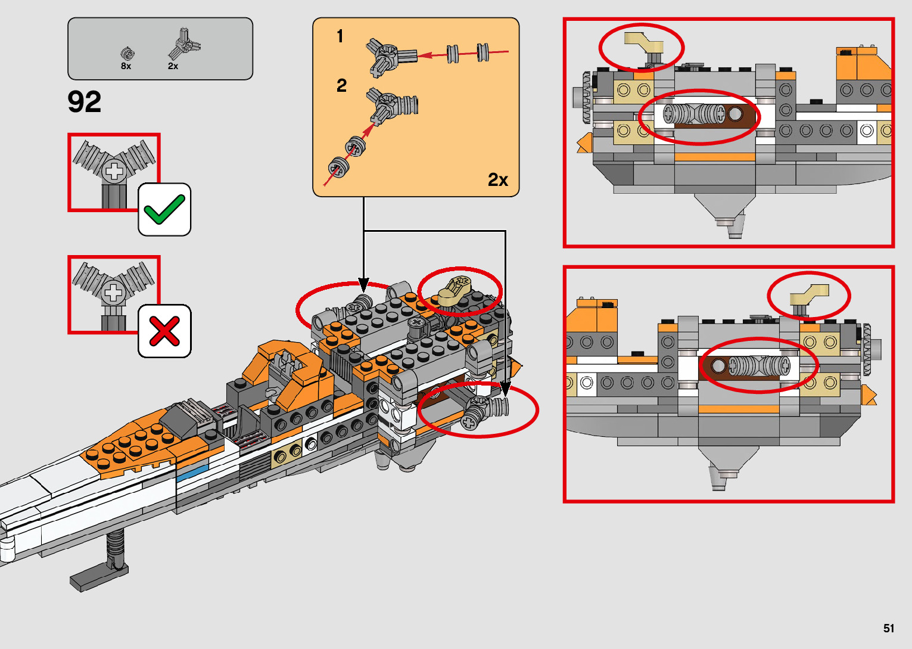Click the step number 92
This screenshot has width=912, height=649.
84,102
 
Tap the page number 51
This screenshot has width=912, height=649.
889,628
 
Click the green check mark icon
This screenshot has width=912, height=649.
164,210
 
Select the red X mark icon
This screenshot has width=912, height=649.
164,331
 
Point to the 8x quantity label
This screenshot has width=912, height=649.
126,66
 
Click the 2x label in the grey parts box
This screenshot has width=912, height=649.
173,66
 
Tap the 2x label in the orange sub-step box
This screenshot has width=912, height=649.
497,179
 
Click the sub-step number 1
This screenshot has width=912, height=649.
340,36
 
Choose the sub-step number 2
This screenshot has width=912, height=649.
341,86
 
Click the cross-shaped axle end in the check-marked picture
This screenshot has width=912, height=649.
113,172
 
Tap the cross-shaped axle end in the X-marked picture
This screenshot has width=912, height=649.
113,293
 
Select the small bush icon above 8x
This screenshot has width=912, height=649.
127,54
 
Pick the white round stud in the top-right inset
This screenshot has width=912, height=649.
867,131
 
